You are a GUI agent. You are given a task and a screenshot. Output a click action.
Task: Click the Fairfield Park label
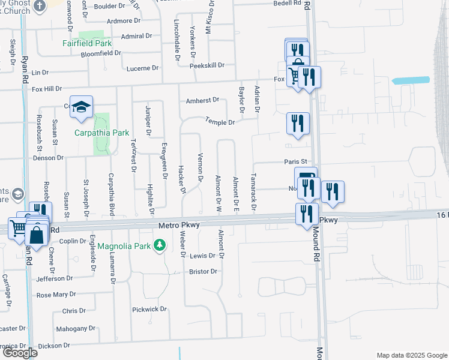click(87, 43)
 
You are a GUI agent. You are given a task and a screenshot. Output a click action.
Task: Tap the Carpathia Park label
click(93, 133)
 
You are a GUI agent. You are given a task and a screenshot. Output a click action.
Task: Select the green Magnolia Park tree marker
click(160, 245)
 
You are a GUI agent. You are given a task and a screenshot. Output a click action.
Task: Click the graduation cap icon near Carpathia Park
click(80, 107)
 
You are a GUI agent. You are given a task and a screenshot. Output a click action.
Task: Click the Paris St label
click(295, 161)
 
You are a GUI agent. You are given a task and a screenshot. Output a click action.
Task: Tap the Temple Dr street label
click(220, 122)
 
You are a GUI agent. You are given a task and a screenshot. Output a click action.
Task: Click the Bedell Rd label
click(288, 3)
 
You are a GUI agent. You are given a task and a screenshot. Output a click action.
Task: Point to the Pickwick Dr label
click(149, 309)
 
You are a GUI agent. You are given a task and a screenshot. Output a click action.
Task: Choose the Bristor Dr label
click(203, 272)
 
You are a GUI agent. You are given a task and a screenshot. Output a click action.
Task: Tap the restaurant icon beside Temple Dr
click(298, 124)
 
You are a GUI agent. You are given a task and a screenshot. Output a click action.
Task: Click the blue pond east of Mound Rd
click(411, 80)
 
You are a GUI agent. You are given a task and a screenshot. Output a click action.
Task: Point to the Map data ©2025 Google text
click(411, 355)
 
